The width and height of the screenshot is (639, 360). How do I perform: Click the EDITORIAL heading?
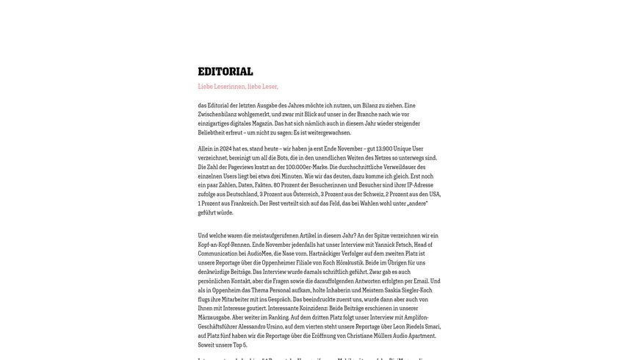pos(225,71)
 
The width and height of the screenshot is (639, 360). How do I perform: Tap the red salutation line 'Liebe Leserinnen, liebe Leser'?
pos(238,87)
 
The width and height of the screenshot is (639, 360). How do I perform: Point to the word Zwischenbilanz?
pos(218,115)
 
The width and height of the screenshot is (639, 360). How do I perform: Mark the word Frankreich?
pos(239,204)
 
